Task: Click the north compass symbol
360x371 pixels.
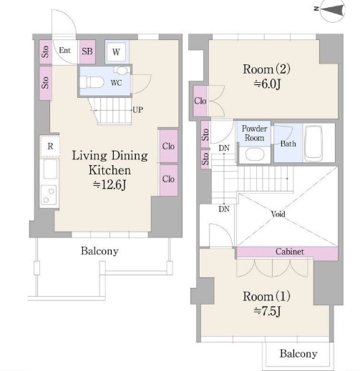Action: [x=333, y=10]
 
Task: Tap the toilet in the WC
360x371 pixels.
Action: [x=92, y=82]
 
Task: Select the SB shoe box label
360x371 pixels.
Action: [x=87, y=51]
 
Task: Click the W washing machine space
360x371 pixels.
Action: [x=116, y=52]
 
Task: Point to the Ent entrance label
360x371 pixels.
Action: [x=64, y=50]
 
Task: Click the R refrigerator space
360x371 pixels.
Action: [x=50, y=146]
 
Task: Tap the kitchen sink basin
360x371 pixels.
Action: [x=50, y=169]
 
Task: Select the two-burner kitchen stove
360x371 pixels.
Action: [x=49, y=195]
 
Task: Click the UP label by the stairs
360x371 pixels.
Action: [x=137, y=110]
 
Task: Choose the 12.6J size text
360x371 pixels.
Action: [x=110, y=184]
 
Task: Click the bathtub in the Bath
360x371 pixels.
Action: [x=313, y=143]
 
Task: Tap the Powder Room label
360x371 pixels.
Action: [x=254, y=133]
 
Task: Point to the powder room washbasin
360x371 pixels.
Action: [x=255, y=154]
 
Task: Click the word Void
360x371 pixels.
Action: [x=278, y=214]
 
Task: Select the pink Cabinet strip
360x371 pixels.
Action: [x=287, y=252]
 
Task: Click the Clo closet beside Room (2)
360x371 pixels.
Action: [x=200, y=101]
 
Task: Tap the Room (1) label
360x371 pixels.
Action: [x=266, y=297]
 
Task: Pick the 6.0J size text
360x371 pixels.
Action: [x=267, y=84]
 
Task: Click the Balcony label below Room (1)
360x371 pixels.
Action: [x=298, y=354]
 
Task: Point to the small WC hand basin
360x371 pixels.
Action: [x=122, y=70]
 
